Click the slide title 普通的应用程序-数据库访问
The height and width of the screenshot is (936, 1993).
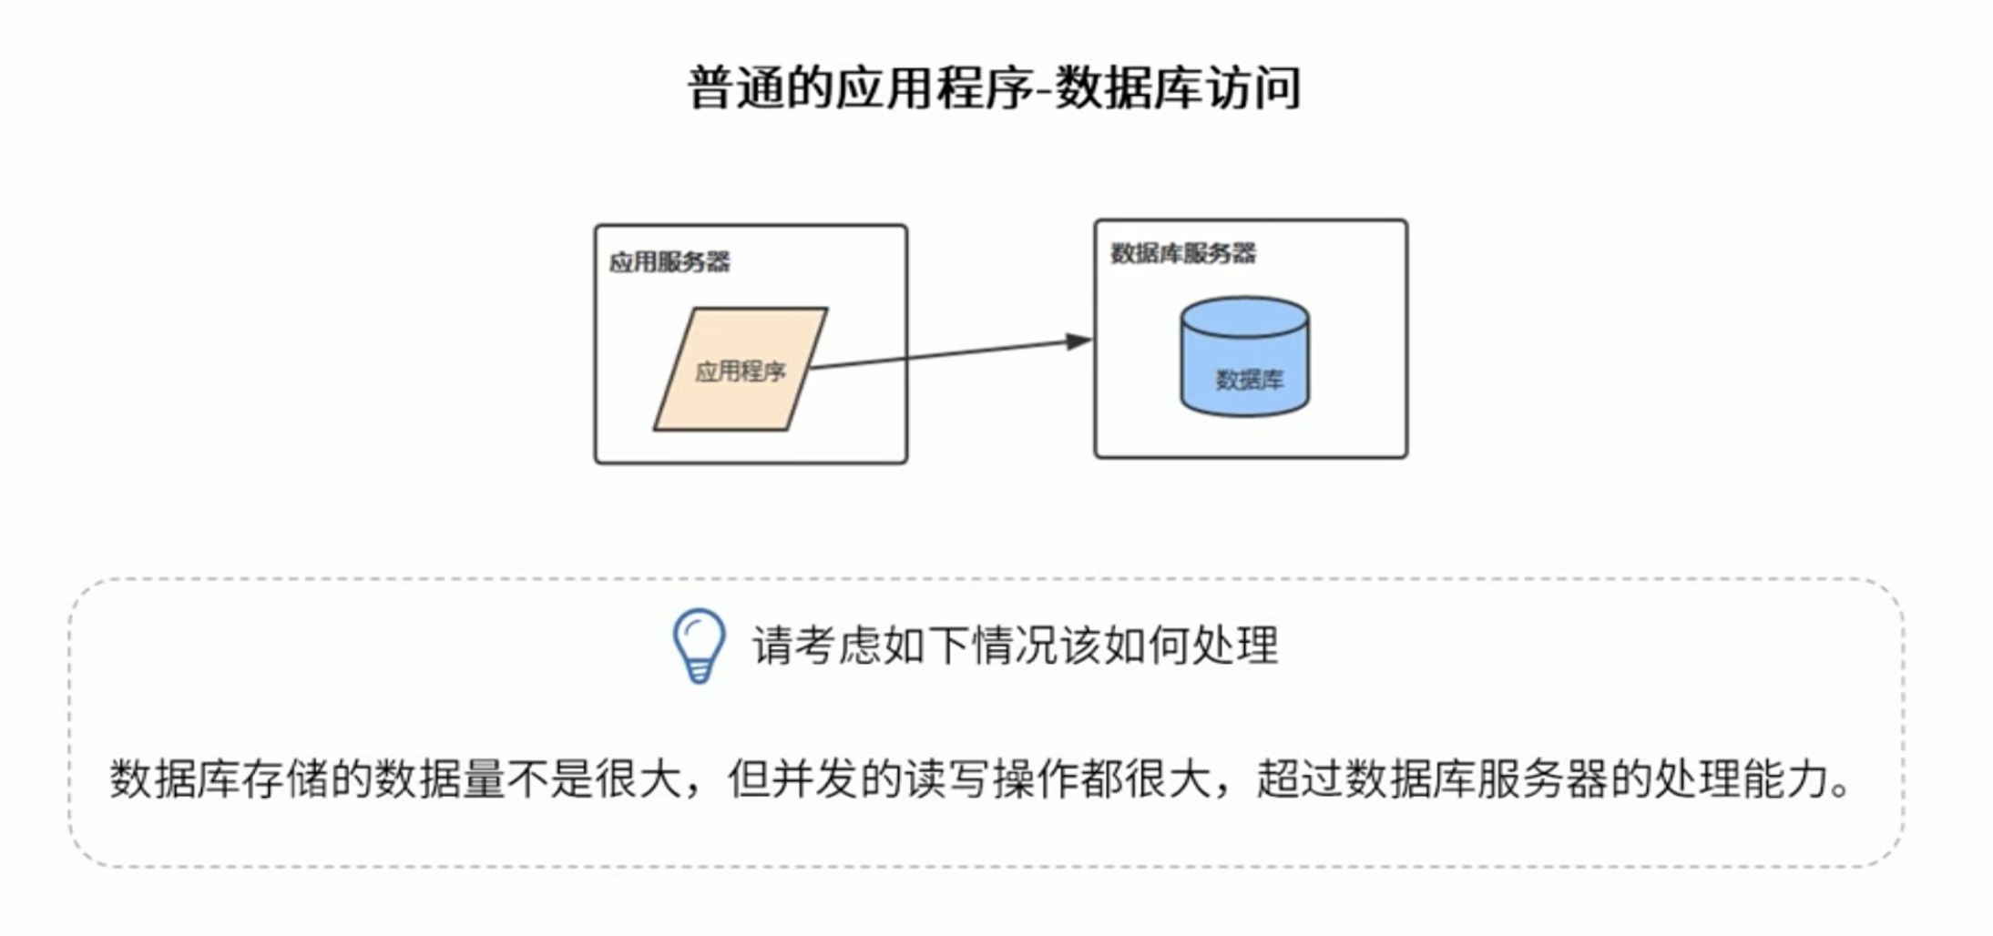(994, 88)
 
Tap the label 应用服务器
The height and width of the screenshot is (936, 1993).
(669, 262)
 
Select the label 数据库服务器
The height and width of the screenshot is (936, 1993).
(1182, 253)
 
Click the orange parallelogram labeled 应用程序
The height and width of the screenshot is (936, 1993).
(741, 369)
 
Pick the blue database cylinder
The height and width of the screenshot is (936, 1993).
(1244, 356)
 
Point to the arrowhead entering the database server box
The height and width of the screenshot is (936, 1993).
(1079, 341)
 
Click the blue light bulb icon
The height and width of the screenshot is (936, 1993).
(699, 646)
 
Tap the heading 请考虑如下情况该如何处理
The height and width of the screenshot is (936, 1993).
(1015, 646)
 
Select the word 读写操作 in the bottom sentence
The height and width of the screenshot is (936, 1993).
(991, 779)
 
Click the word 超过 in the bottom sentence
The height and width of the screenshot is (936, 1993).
(1300, 779)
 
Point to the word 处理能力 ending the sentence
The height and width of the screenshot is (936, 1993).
(1741, 779)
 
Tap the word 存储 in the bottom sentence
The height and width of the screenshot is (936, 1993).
(285, 779)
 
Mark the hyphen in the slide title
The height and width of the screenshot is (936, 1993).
(1044, 91)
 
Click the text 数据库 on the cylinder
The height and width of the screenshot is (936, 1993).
(1249, 380)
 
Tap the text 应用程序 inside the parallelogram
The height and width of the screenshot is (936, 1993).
(740, 371)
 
